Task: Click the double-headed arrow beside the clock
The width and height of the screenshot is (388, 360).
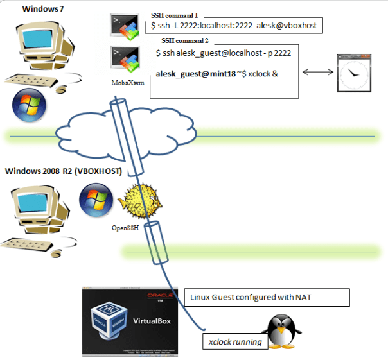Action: (316, 72)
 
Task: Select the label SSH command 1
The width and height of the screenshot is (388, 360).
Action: (173, 14)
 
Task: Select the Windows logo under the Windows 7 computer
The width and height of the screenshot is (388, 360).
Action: (29, 105)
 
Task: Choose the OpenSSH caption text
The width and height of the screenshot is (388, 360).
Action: (125, 227)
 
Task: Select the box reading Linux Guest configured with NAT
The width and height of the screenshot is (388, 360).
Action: (267, 298)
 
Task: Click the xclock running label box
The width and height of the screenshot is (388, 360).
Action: (234, 342)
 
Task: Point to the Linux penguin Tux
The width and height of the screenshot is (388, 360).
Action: (283, 332)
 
